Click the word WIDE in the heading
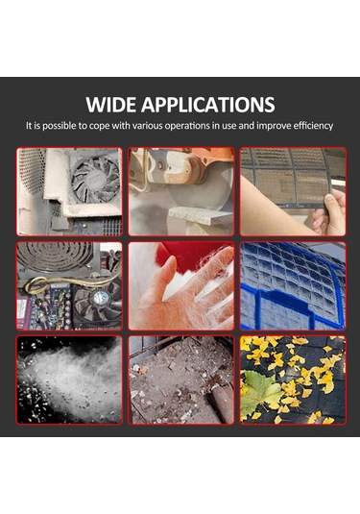coord(111,105)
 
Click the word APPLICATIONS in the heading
coord(208,105)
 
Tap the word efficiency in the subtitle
coord(313,126)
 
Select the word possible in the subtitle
coord(59,126)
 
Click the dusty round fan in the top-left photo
coord(96,180)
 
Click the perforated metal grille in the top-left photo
coord(32,169)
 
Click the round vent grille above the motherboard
coord(55,257)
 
